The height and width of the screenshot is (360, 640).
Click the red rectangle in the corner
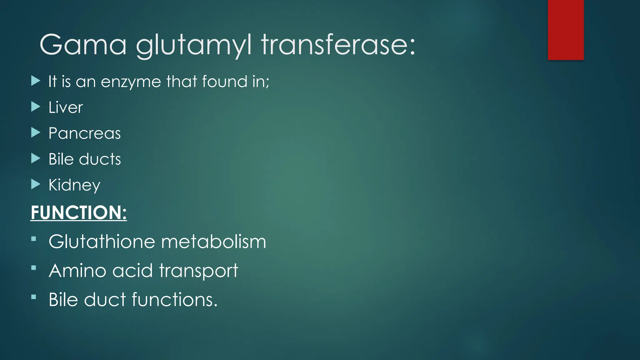coord(566,30)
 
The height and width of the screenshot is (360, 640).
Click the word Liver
coord(66,107)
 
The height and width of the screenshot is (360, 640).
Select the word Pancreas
coord(84,133)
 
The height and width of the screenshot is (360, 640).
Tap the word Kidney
coord(74,185)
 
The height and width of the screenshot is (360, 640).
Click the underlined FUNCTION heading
coord(79,212)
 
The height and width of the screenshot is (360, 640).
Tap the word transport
coord(199,271)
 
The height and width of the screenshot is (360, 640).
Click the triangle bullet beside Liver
coord(36,107)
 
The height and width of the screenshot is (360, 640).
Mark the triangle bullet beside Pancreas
coord(36,133)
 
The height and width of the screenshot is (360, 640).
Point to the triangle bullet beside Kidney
coord(36,184)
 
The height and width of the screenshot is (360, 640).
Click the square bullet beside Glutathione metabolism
coord(34,239)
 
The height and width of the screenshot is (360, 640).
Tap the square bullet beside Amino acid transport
coord(34,268)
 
